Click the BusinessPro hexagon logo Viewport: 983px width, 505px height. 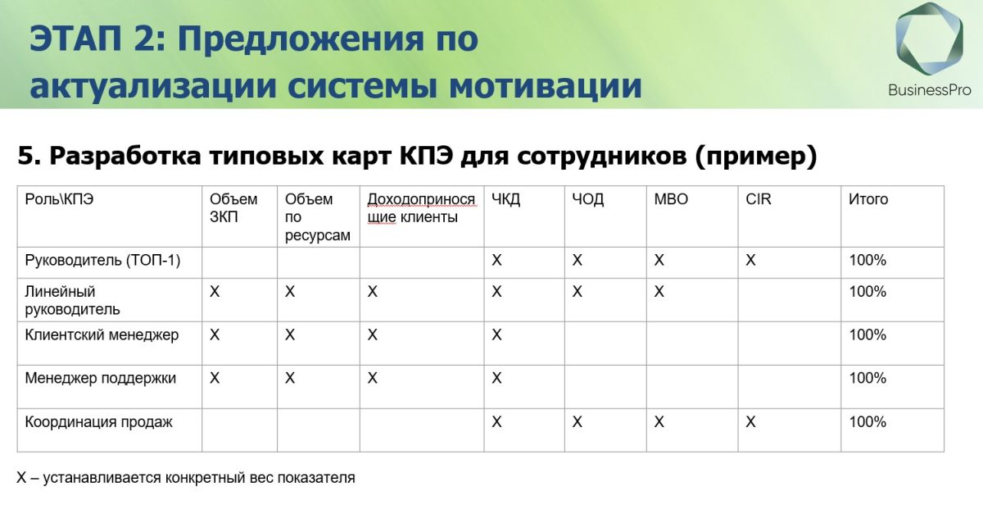click(929, 39)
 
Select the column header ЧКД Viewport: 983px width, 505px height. click(505, 199)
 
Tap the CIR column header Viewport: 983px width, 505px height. click(758, 199)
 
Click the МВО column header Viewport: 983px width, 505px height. click(671, 199)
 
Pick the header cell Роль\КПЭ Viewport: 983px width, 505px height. click(59, 199)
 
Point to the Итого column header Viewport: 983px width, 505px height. click(868, 199)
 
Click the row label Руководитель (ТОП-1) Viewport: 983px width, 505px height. click(102, 261)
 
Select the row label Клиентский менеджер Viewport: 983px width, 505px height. click(102, 335)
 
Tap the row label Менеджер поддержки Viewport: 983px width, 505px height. click(101, 378)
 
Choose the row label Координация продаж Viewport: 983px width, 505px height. click(99, 422)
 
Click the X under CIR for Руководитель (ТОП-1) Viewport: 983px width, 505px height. click(750, 261)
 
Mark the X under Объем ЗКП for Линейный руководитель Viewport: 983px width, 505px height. click(215, 292)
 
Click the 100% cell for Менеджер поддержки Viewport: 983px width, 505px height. click(867, 378)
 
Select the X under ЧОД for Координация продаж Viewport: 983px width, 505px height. click(577, 422)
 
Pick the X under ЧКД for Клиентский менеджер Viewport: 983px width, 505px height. click(496, 335)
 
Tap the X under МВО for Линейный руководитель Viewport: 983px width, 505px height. click(659, 292)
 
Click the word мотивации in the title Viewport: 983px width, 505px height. click(546, 85)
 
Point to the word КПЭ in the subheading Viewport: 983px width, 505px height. click(426, 155)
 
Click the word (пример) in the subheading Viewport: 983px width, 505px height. click(756, 157)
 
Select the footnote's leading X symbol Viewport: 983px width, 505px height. click(21, 478)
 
